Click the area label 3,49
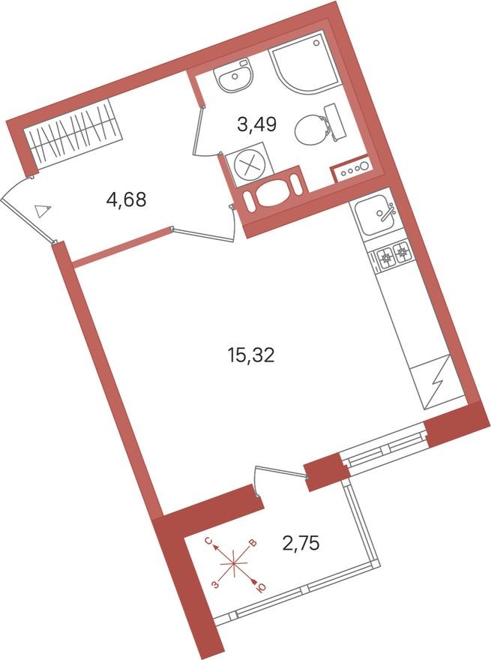258,124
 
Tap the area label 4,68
126,199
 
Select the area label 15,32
251,355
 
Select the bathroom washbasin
235,76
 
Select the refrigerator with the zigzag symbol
436,382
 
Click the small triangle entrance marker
43,210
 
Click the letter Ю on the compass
260,589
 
